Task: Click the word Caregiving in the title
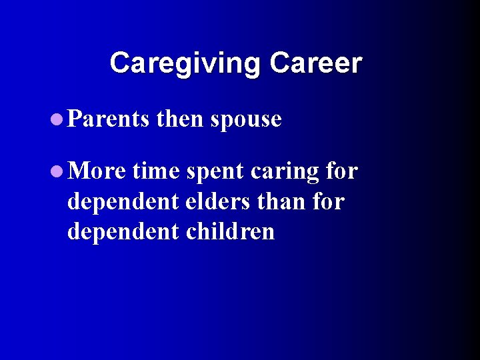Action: click(x=185, y=63)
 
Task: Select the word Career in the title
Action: click(x=315, y=63)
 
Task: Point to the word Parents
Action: click(x=109, y=119)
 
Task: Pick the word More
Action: click(x=97, y=172)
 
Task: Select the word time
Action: click(x=156, y=172)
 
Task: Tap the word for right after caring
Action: click(x=342, y=172)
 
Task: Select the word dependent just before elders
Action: click(x=123, y=202)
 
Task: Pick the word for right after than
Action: click(x=327, y=201)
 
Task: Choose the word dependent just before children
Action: click(x=123, y=231)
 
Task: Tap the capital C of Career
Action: click(x=279, y=63)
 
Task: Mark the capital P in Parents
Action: click(x=74, y=119)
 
